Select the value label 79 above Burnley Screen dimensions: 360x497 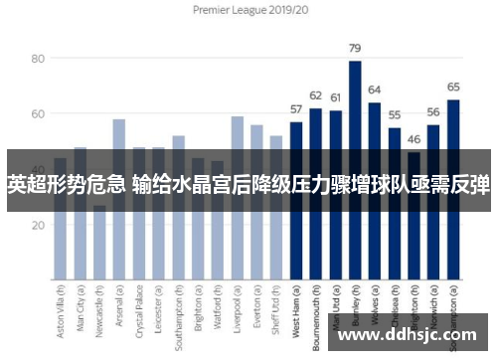click(x=354, y=48)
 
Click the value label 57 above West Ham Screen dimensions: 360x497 click(x=295, y=109)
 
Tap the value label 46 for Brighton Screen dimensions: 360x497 click(x=414, y=140)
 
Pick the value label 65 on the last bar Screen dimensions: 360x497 click(x=453, y=87)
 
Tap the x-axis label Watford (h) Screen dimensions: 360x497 click(x=218, y=314)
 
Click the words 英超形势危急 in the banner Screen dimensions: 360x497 click(x=66, y=183)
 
